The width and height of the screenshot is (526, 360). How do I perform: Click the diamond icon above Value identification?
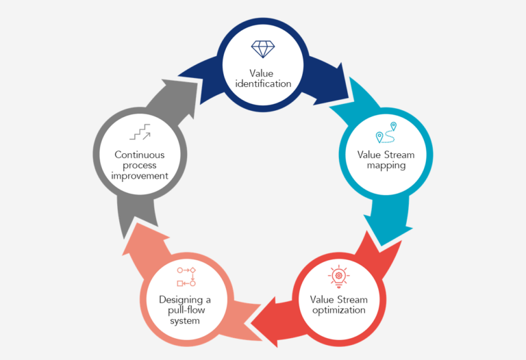[262, 49]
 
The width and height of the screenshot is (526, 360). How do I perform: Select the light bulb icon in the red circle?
[338, 275]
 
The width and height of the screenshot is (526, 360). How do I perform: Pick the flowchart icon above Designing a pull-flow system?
[186, 276]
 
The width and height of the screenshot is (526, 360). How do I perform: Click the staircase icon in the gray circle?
[140, 132]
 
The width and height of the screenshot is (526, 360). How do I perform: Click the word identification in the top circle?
[262, 83]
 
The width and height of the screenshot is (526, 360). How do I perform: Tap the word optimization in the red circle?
[338, 310]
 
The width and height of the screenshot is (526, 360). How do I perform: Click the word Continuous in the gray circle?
[140, 155]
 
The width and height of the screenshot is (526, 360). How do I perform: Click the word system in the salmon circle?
[186, 320]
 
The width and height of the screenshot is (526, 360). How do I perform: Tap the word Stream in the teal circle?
[399, 155]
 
